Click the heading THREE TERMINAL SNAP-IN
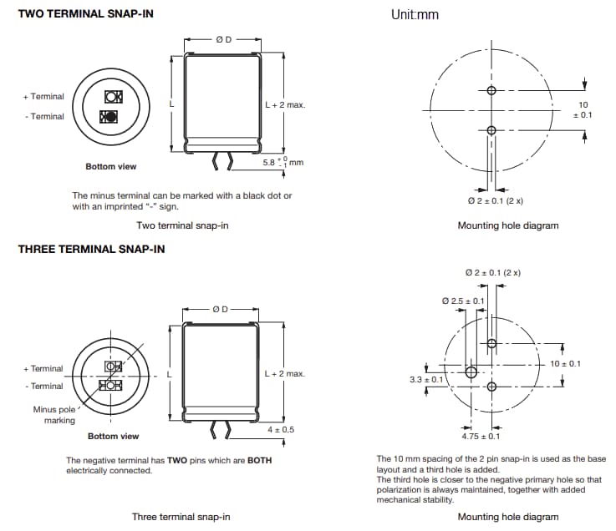91,249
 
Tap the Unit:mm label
415,14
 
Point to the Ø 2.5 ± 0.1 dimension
462,301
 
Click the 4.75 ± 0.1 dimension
481,436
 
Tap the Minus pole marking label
56,415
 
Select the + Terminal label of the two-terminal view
43,97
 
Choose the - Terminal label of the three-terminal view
43,386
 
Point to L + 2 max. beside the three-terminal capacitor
284,373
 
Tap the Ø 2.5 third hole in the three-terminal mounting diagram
471,372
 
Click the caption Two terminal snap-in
182,225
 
